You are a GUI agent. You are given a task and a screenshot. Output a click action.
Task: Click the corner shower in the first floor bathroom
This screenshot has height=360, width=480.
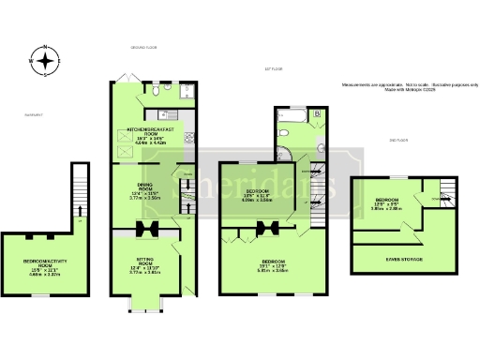(284, 151)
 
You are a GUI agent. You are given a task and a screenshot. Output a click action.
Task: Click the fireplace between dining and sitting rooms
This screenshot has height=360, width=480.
(150, 231)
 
